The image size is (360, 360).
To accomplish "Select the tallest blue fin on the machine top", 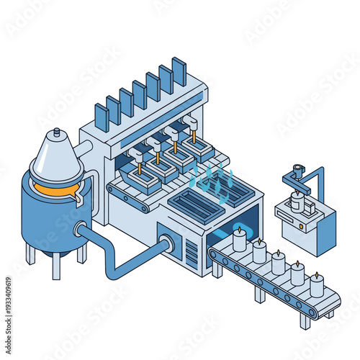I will (x=179, y=71).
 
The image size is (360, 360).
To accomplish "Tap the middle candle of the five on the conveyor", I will (x=278, y=262).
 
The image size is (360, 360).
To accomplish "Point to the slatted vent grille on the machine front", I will (x=192, y=253).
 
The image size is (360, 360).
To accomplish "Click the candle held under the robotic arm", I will (x=296, y=201).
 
